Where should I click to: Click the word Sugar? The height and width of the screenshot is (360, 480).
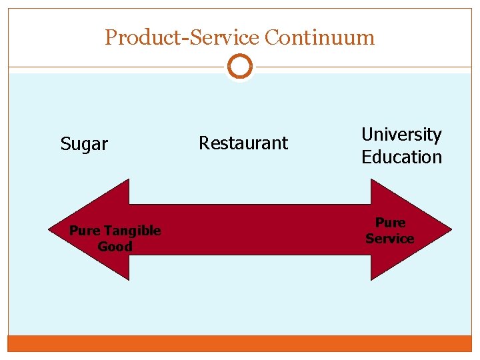tap(84, 144)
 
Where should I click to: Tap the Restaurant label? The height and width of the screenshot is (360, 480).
tap(243, 143)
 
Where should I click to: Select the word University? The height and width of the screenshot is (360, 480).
tap(401, 135)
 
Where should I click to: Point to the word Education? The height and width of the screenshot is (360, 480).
tap(401, 157)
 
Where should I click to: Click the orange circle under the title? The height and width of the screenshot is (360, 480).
tap(240, 67)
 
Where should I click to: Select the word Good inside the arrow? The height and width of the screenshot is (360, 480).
tap(115, 247)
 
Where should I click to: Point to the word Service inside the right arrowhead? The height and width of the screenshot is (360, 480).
tap(389, 239)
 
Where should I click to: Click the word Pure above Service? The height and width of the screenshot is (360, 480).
tap(390, 223)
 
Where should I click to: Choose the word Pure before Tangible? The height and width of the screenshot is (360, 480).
tap(84, 231)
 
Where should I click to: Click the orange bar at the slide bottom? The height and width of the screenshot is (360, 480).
tap(240, 343)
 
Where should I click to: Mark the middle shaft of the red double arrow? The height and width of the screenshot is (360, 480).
tap(250, 229)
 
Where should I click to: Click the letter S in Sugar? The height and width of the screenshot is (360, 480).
tap(65, 144)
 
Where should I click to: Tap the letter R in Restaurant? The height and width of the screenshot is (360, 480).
tap(204, 143)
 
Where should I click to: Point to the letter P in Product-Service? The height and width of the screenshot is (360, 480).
tap(111, 37)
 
